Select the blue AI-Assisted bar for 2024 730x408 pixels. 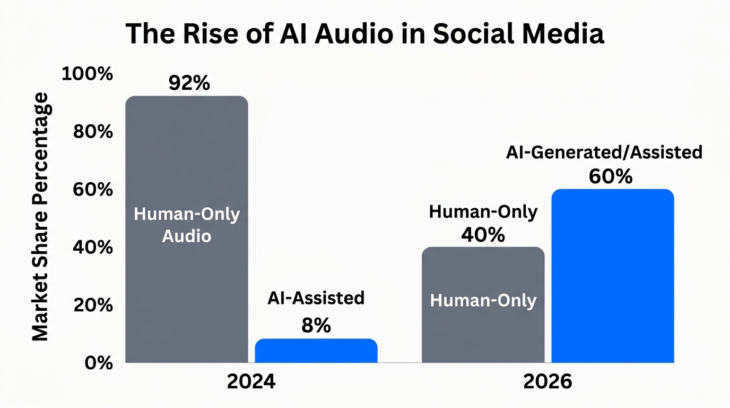[x=316, y=351]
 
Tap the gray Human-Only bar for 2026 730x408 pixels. [x=483, y=329]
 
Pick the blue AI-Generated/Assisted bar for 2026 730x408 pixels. [x=613, y=276]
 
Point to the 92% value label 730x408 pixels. [x=189, y=83]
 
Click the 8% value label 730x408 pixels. [x=316, y=325]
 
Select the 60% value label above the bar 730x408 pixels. [x=611, y=176]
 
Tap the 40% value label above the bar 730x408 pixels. [x=483, y=234]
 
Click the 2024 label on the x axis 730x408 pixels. [x=251, y=382]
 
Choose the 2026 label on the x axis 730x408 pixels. [x=548, y=382]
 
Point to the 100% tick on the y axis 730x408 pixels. [x=88, y=74]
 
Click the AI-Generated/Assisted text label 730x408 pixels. [x=604, y=152]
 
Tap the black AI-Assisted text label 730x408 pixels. [x=316, y=298]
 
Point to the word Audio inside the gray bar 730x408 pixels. [x=187, y=235]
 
